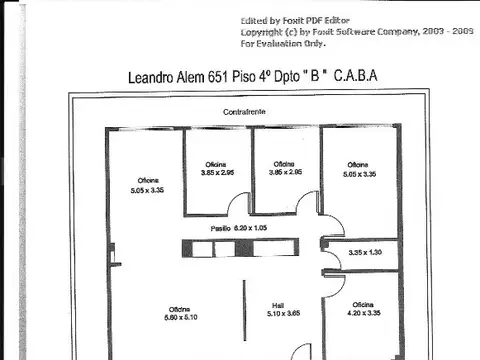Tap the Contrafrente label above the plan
pyautogui.click(x=244, y=113)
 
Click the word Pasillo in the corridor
pyautogui.click(x=220, y=229)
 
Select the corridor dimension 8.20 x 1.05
pyautogui.click(x=253, y=229)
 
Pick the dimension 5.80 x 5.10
pyautogui.click(x=180, y=318)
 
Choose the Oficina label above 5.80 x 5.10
pyautogui.click(x=180, y=308)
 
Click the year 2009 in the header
pyautogui.click(x=461, y=32)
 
